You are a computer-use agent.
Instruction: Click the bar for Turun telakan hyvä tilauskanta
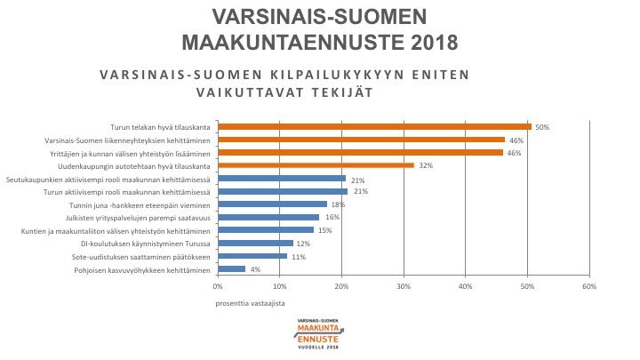[373, 126]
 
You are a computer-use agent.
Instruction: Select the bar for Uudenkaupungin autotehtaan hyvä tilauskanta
[316, 165]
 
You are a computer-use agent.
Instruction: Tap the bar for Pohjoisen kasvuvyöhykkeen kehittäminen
[231, 268]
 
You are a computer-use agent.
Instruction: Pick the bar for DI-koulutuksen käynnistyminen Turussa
[255, 243]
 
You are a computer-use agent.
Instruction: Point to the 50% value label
[542, 127]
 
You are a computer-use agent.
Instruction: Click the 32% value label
[426, 165]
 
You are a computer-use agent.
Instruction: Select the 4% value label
[256, 268]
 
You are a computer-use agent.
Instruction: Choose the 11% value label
[298, 256]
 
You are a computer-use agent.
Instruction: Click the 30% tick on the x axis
[404, 287]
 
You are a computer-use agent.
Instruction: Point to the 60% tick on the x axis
[588, 287]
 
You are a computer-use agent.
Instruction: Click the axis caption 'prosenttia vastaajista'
[245, 303]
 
